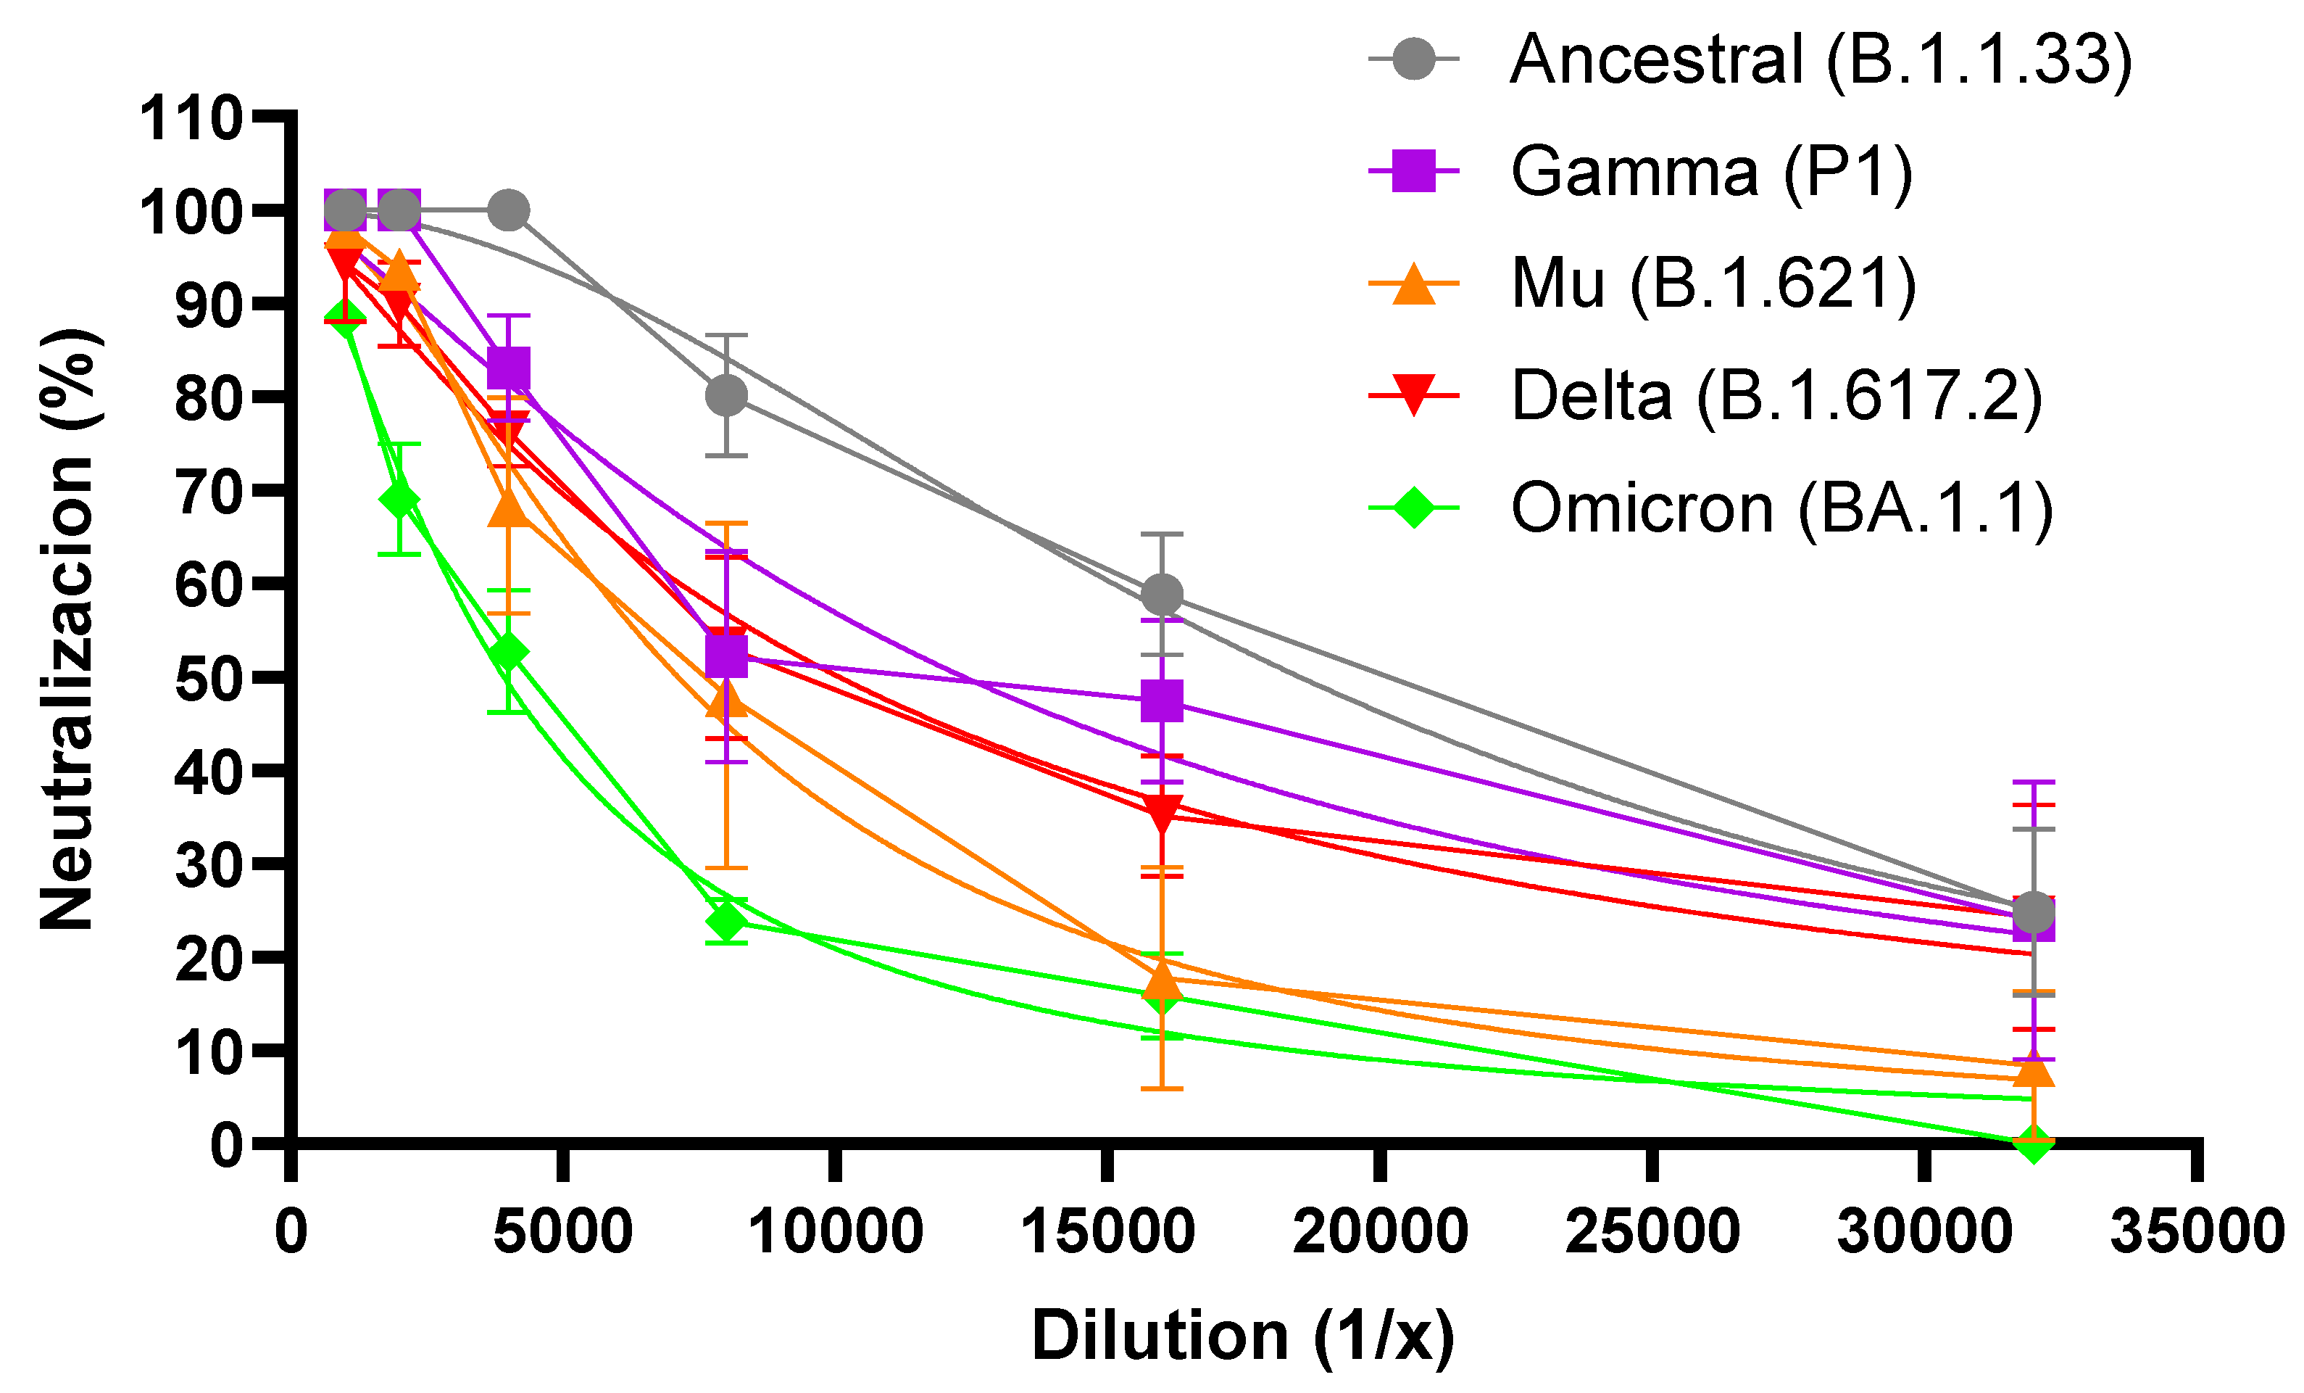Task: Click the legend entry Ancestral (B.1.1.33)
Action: pos(1818,60)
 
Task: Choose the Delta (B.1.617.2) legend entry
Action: pos(1776,396)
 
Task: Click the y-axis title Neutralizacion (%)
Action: pos(67,629)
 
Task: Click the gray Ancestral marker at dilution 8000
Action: pos(726,396)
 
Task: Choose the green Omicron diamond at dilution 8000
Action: pos(726,922)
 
